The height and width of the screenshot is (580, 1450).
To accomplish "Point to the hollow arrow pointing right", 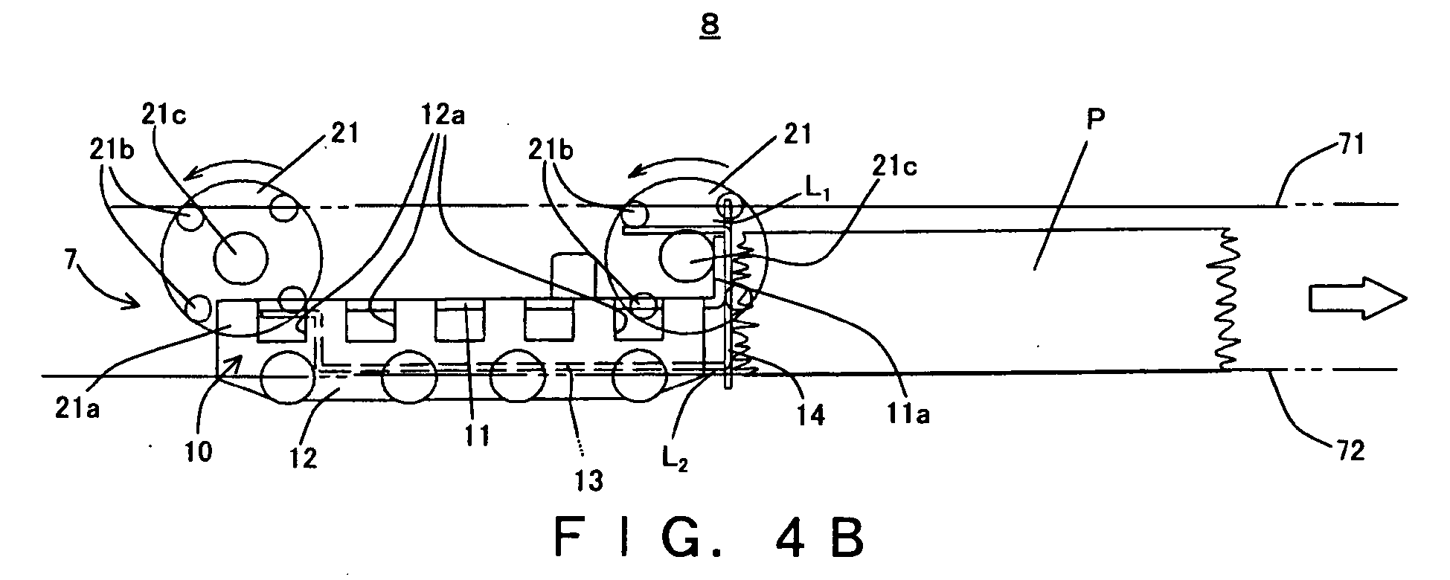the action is coord(1358,298).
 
